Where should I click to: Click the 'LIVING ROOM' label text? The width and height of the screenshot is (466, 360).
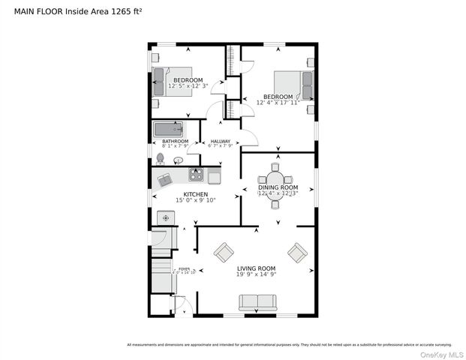tap(257, 268)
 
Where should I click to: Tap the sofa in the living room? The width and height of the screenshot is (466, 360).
tap(257, 302)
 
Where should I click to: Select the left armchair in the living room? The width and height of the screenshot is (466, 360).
tap(224, 253)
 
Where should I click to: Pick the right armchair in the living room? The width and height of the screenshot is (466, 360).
tap(297, 253)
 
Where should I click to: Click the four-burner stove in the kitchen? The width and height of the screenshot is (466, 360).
tap(196, 175)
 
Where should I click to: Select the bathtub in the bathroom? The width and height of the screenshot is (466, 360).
tap(168, 129)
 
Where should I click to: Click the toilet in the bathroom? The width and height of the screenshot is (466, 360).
tap(159, 158)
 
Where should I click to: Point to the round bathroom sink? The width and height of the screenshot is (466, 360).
tap(178, 160)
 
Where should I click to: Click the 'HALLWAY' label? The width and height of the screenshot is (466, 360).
tap(220, 141)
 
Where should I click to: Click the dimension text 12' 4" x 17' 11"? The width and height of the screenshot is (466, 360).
tap(277, 103)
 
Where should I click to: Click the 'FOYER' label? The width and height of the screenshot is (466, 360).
tap(184, 268)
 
